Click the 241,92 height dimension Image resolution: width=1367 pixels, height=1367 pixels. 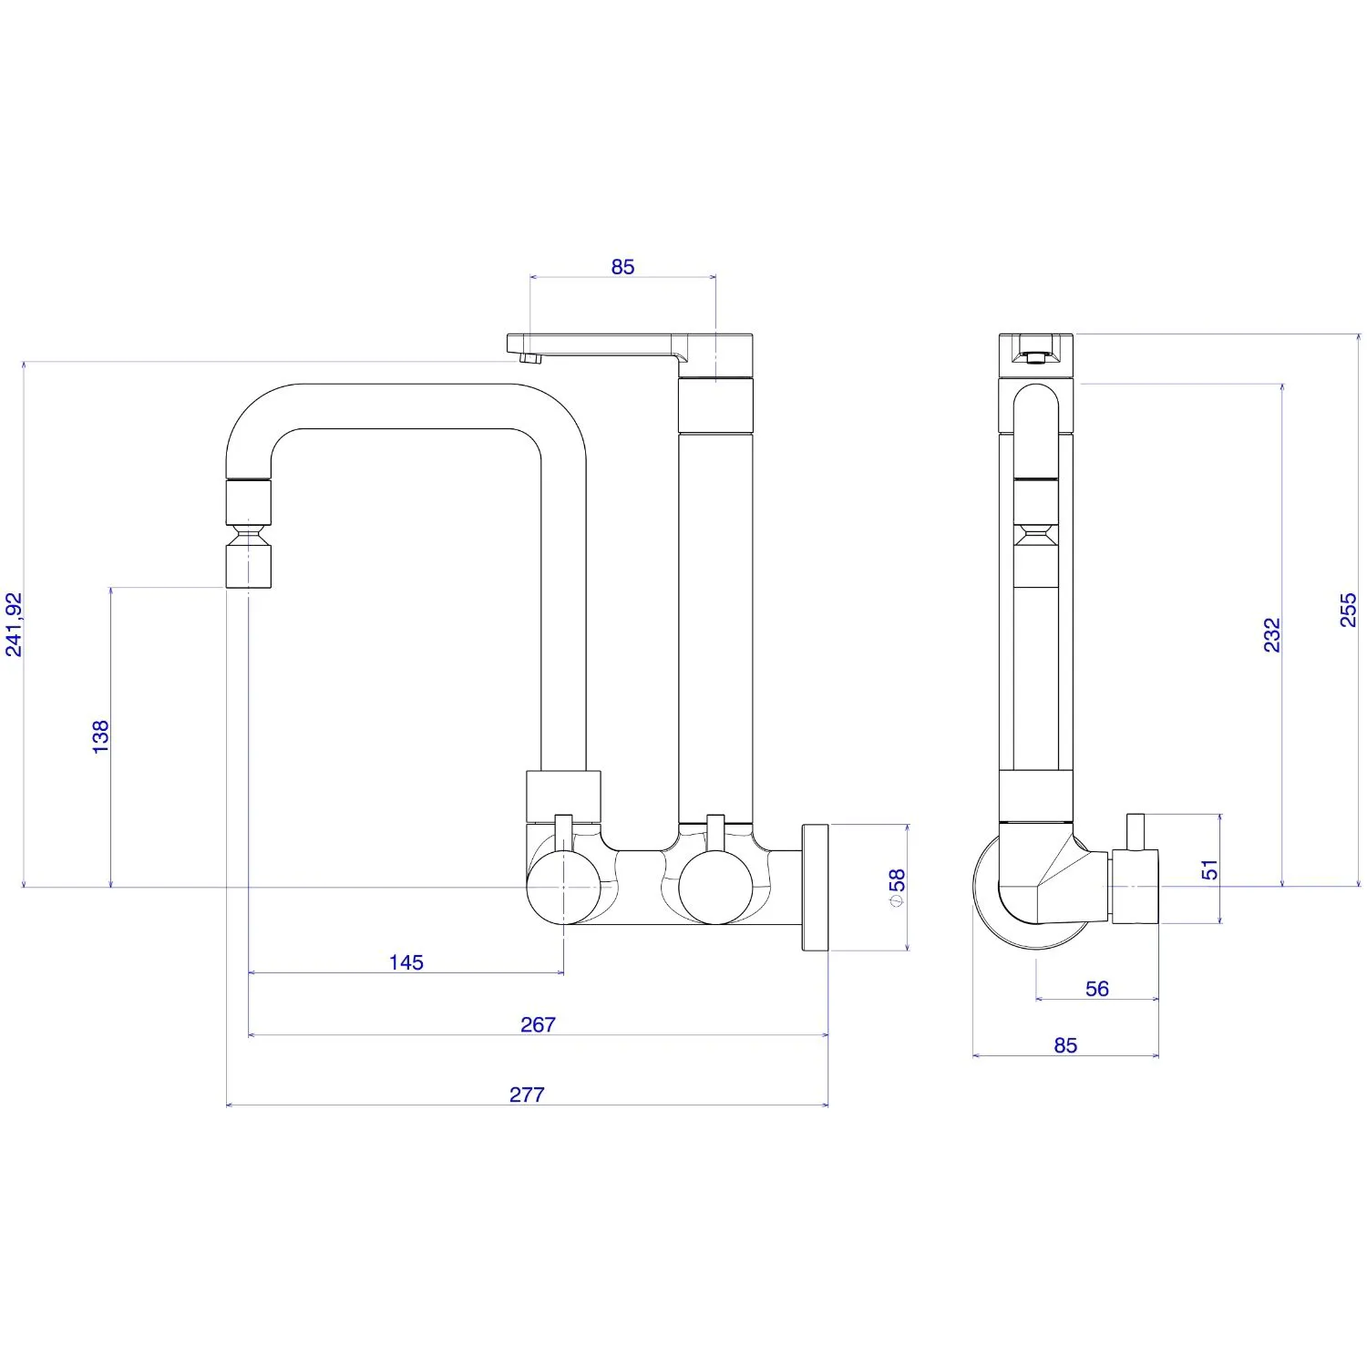point(14,624)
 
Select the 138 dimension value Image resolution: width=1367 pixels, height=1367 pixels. point(100,736)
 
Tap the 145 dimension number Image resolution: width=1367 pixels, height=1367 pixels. point(406,962)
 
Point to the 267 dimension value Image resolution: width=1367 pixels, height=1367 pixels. point(538,1024)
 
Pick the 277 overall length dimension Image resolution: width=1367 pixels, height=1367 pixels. point(527,1095)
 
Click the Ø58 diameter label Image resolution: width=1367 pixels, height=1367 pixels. point(897,888)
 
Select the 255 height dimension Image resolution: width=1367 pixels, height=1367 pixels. point(1349,610)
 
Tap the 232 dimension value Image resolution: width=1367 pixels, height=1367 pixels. point(1272,635)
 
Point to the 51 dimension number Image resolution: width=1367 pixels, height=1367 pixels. point(1209,869)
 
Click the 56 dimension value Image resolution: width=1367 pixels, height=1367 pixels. point(1097,989)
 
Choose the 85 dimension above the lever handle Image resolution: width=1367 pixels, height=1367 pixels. point(622,267)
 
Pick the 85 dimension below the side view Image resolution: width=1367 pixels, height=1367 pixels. point(1065,1045)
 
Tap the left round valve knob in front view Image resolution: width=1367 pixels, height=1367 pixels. point(564,887)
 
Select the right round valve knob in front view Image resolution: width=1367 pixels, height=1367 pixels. point(716,887)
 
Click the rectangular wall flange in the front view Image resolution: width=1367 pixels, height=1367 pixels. point(816,888)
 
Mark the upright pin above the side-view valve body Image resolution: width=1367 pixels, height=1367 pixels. point(1136,832)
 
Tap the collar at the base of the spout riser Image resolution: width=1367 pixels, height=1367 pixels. point(564,797)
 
